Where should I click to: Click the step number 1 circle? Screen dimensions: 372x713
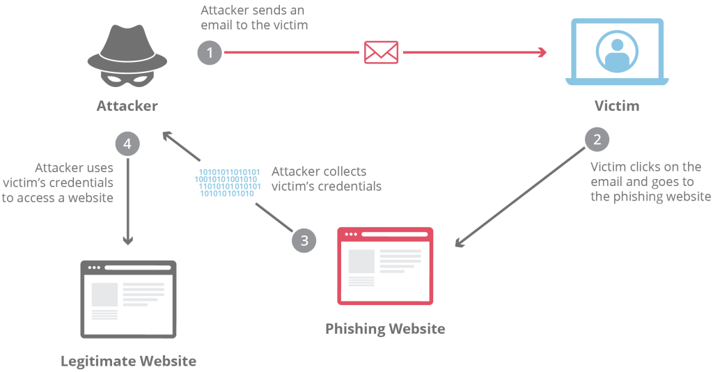click(x=210, y=52)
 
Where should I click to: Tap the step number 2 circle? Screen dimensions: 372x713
click(x=597, y=140)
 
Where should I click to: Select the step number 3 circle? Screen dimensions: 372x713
click(x=304, y=240)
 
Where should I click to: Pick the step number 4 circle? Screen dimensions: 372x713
click(x=127, y=144)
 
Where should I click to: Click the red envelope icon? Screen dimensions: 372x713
click(x=382, y=52)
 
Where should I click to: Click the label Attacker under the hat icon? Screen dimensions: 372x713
click(x=127, y=107)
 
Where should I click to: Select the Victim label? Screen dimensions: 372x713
click(x=617, y=107)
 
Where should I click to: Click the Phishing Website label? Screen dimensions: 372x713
click(x=385, y=328)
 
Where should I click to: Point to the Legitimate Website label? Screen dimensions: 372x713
click(x=129, y=361)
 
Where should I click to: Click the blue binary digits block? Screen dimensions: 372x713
click(x=228, y=183)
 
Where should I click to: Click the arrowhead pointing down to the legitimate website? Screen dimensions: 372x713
click(x=127, y=241)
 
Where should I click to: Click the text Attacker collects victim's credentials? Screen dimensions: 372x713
click(x=326, y=178)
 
